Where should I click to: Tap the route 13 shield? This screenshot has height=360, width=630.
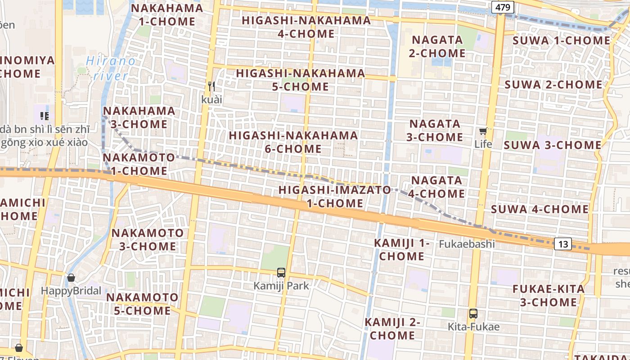point(563,244)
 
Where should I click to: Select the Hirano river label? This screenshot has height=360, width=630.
point(110,68)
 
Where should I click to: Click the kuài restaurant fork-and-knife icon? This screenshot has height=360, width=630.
point(211,86)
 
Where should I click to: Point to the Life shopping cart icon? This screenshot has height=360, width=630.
point(483,131)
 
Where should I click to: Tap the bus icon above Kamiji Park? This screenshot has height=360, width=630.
point(281,272)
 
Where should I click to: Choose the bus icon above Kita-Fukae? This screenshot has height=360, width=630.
point(473,314)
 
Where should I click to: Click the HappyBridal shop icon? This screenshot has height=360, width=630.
point(71,278)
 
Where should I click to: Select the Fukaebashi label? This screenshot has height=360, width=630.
point(467,244)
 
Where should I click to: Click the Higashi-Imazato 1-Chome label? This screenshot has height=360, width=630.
point(335,196)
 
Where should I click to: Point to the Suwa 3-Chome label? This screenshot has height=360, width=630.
point(552,145)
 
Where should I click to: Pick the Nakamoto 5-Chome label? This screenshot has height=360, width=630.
point(142,304)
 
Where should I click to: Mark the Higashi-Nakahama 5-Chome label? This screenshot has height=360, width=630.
point(301,80)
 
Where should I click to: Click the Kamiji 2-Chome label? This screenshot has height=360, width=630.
point(392,328)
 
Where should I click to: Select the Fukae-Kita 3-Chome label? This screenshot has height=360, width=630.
point(549,295)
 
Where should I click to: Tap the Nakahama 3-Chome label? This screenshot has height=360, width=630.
point(139,117)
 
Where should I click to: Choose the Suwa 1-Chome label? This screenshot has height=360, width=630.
point(562,40)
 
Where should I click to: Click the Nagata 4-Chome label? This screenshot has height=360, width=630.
point(436,187)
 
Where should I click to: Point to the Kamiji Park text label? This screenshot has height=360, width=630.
point(281,286)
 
